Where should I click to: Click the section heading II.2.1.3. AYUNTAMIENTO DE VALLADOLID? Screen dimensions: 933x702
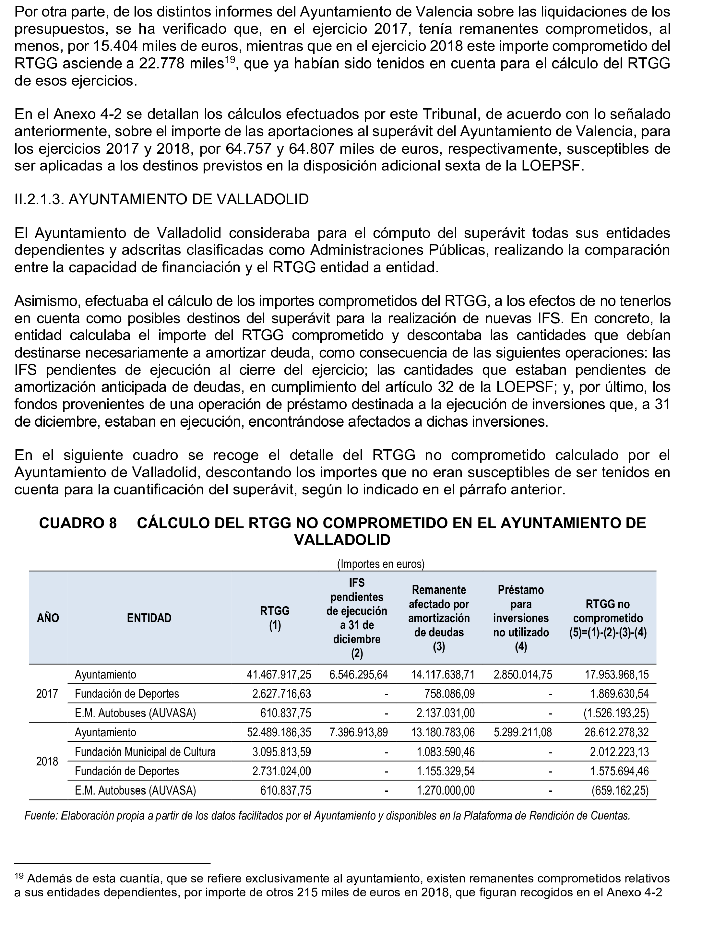pyautogui.click(x=162, y=199)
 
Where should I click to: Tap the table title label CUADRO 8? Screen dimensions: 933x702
pyautogui.click(x=78, y=523)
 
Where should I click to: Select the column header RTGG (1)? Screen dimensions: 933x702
pyautogui.click(x=275, y=618)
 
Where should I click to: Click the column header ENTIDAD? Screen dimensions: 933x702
pyautogui.click(x=149, y=618)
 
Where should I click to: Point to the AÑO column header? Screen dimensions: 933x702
pyautogui.click(x=48, y=618)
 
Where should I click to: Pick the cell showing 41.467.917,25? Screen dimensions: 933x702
pyautogui.click(x=279, y=675)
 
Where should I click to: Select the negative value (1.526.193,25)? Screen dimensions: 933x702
pyautogui.click(x=616, y=713)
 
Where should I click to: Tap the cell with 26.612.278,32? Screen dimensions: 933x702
pyautogui.click(x=616, y=732)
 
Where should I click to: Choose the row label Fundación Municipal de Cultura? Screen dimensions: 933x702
pyautogui.click(x=145, y=752)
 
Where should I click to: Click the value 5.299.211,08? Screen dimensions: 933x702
pyautogui.click(x=523, y=732)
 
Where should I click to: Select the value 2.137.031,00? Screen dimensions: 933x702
pyautogui.click(x=445, y=713)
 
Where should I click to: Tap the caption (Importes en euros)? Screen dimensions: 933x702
pyautogui.click(x=381, y=564)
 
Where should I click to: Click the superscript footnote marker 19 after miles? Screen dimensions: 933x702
pyautogui.click(x=230, y=59)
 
